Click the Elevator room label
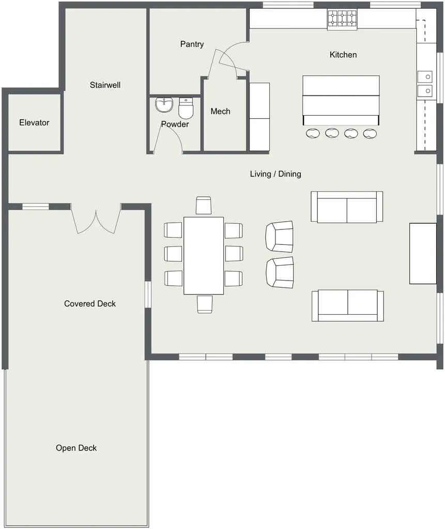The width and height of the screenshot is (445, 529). (34, 122)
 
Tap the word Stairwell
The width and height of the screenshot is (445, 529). (105, 85)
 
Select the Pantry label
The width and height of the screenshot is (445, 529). (192, 44)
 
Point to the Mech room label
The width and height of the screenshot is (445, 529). (221, 112)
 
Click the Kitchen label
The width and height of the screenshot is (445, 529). (343, 55)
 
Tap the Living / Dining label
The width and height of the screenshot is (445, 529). (275, 174)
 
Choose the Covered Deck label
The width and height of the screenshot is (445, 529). (90, 304)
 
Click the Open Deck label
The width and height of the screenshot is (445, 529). (76, 448)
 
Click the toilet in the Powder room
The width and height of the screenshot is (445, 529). (186, 108)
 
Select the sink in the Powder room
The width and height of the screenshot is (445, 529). (164, 105)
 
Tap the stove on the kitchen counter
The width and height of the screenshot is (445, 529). (342, 19)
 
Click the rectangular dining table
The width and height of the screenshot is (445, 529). (204, 256)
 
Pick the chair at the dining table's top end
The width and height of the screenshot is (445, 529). (204, 206)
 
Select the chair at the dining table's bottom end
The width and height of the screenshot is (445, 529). (205, 304)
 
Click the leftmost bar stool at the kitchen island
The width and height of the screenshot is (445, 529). (313, 133)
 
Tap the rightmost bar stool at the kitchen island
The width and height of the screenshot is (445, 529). (370, 134)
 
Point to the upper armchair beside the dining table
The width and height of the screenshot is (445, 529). (280, 237)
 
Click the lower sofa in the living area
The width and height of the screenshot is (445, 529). (348, 305)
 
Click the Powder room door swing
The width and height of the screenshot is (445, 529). (168, 139)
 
